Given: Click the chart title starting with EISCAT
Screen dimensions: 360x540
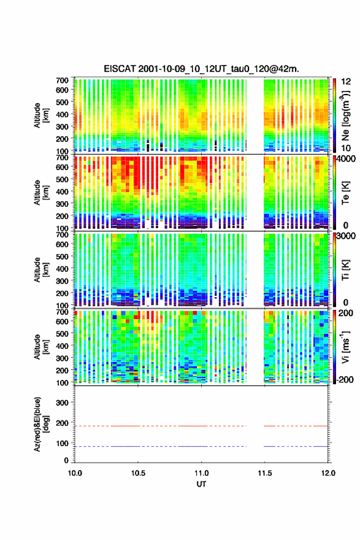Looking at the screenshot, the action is (201, 69).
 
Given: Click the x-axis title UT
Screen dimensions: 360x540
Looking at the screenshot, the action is (201, 484).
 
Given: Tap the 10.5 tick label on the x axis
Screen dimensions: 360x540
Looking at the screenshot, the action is (138, 473).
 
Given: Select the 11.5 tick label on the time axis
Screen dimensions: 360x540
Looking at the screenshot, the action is (265, 473).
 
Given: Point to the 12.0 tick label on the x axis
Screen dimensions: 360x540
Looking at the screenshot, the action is (328, 473).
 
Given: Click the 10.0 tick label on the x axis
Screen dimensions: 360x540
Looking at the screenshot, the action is (75, 473).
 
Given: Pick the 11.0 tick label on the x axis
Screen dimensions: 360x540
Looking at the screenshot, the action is (201, 473).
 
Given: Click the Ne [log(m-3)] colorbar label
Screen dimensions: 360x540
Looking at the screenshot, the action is (345, 115).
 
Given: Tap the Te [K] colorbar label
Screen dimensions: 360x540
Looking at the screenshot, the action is (345, 193).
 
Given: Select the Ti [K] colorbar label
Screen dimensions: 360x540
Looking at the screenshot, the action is (345, 270).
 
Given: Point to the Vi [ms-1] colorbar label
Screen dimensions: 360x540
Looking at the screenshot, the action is (345, 347).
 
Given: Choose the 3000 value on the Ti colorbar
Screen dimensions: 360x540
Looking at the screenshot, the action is (346, 236).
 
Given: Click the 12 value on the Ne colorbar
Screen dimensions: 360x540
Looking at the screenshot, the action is (346, 82).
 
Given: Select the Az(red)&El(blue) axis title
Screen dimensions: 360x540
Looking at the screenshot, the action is (41, 424).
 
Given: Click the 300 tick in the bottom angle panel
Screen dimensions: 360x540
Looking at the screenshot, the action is (62, 403).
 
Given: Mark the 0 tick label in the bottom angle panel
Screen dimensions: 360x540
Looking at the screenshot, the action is (66, 460).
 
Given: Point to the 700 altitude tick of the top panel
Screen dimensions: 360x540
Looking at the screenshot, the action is (62, 80).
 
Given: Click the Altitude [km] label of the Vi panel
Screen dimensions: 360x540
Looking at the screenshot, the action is (41, 347).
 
